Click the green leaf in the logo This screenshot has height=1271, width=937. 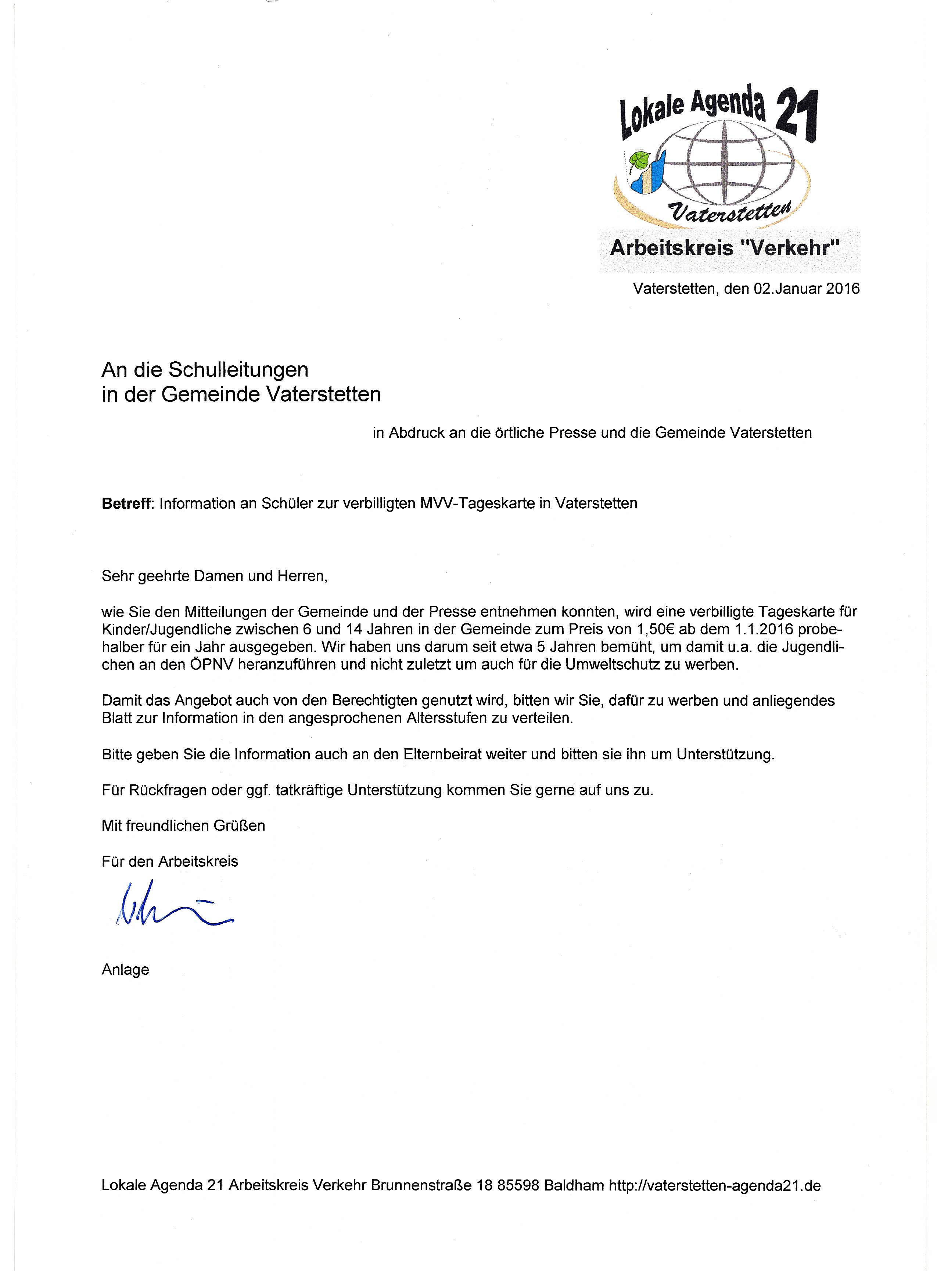tap(639, 160)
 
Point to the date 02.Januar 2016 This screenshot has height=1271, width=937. tap(806, 289)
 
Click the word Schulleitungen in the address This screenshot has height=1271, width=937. tap(238, 370)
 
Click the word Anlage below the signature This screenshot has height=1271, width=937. tap(125, 969)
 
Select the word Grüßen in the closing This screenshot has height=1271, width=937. tap(239, 825)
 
